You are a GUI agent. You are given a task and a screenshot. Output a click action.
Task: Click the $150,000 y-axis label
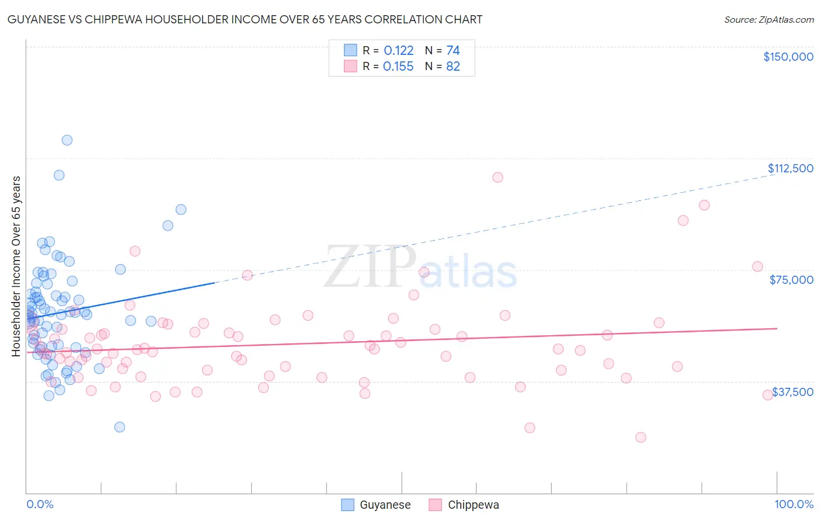coord(788,57)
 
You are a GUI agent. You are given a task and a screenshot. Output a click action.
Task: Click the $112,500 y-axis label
coord(790,168)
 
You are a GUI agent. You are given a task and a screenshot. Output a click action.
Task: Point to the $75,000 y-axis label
coord(791,280)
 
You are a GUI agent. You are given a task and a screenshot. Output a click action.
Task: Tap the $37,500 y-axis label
coord(792,392)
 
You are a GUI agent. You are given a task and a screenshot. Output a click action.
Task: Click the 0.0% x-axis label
coord(40,504)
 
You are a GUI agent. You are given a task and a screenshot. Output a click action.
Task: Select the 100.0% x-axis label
coord(794,504)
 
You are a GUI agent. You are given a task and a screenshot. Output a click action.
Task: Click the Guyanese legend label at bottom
coord(385,505)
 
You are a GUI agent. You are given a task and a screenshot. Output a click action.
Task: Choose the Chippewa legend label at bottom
coord(473,505)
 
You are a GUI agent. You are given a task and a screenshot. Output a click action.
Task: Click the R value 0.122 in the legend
coord(398,51)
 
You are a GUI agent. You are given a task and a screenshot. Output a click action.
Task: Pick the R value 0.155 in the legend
coord(398,67)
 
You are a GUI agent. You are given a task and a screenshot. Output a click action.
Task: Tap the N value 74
coord(453,51)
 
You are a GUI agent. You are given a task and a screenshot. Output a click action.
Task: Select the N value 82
coord(453,67)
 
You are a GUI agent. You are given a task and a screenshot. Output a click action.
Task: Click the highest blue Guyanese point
coord(67,140)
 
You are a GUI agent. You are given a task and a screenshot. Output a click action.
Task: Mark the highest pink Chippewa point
coord(498,178)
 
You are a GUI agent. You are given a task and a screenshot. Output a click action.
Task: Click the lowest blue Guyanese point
coord(120,427)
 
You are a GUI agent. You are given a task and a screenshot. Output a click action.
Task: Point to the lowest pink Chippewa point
coord(641,437)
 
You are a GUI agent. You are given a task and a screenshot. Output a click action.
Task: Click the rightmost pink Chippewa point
coord(768,395)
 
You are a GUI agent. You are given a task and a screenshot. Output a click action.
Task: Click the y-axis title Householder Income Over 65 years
coord(16,266)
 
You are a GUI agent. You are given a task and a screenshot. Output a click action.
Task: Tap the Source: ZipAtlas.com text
coord(768,20)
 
